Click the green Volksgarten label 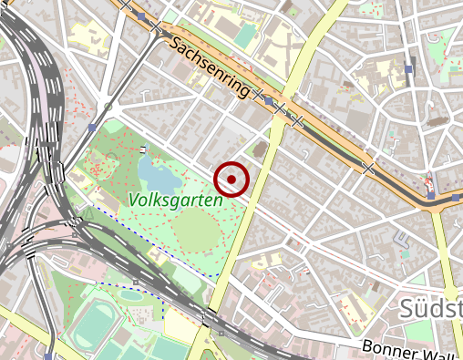[x=176, y=200]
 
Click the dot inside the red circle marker [x=231, y=180]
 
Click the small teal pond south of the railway [x=131, y=294]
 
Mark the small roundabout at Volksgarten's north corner [x=108, y=108]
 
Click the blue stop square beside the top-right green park [x=409, y=68]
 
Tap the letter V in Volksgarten [x=134, y=199]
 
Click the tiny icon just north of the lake [x=144, y=149]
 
